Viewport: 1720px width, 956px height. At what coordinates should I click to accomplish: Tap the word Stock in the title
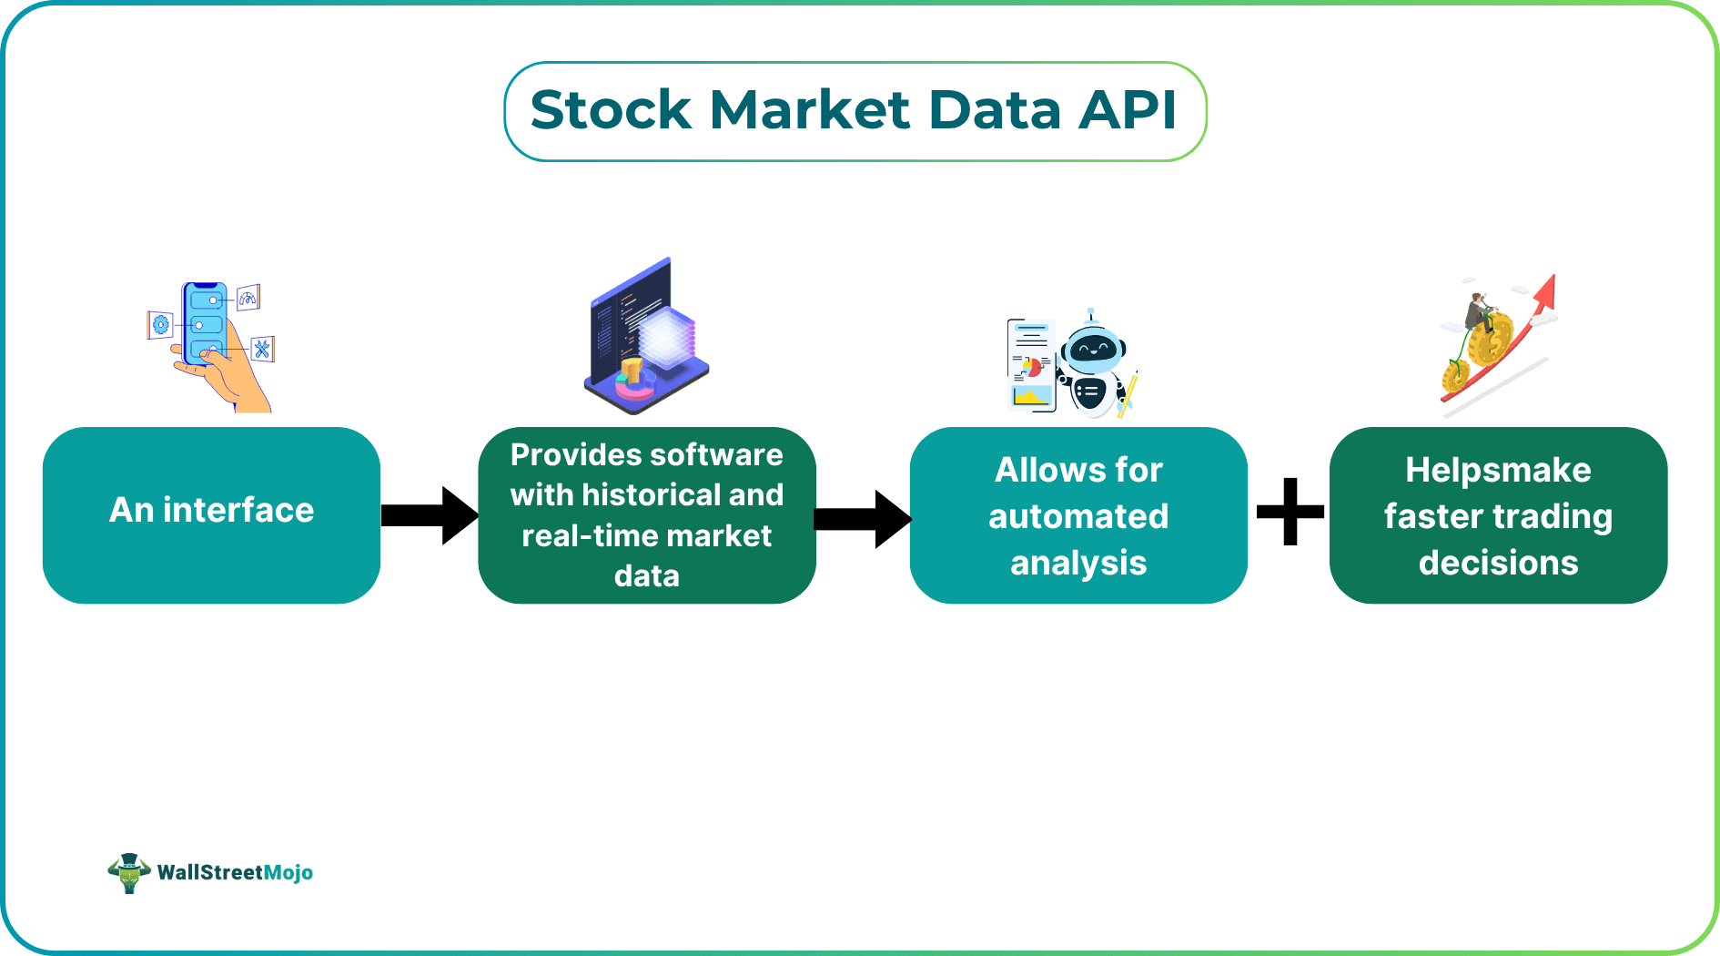pyautogui.click(x=611, y=110)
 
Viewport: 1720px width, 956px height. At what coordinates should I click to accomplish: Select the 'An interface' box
pyautogui.click(x=211, y=514)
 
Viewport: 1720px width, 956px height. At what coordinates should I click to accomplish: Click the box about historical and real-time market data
pyautogui.click(x=646, y=514)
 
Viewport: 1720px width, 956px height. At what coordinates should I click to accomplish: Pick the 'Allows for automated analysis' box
pyautogui.click(x=1078, y=514)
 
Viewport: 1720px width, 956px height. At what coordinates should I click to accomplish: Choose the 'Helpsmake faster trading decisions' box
pyautogui.click(x=1498, y=514)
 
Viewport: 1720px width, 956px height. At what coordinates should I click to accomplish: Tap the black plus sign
pyautogui.click(x=1290, y=512)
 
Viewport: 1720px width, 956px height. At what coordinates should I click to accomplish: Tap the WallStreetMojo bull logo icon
pyautogui.click(x=129, y=872)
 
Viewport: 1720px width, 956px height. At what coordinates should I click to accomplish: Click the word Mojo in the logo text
pyautogui.click(x=288, y=872)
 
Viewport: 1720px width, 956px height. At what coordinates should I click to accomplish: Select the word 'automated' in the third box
pyautogui.click(x=1078, y=516)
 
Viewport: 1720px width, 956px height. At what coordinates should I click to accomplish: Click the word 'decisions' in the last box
pyautogui.click(x=1498, y=563)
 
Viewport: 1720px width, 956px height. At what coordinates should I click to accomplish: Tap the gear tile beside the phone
pyautogui.click(x=161, y=324)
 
